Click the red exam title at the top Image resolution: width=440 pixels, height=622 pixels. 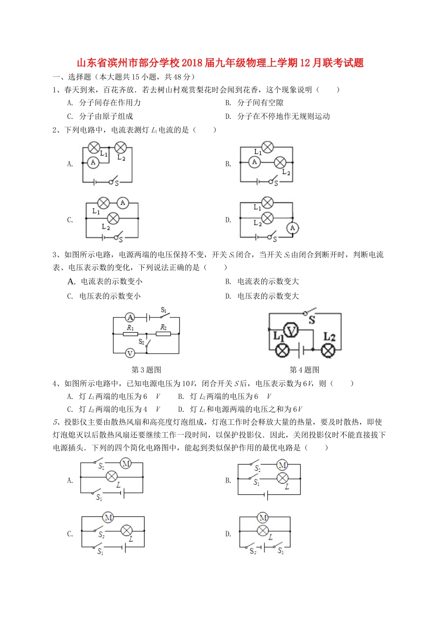click(220, 63)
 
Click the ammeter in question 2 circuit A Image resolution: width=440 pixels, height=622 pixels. click(93, 162)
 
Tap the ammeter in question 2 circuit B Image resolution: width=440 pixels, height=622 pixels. click(254, 162)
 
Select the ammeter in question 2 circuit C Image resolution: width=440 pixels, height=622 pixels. click(123, 203)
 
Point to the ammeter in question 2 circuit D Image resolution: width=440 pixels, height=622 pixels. click(292, 228)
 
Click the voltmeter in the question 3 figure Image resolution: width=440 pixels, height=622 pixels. click(130, 353)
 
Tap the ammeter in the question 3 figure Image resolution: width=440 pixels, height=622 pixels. click(130, 317)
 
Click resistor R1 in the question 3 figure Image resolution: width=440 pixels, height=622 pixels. click(130, 333)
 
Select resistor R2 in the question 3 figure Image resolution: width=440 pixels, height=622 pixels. click(163, 333)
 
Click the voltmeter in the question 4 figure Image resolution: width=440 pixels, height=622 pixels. click(291, 330)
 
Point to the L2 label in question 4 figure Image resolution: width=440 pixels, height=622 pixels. click(329, 336)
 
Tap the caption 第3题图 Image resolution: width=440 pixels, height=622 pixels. click(146, 370)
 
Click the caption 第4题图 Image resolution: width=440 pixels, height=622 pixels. click(304, 370)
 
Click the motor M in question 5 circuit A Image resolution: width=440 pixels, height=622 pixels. click(126, 463)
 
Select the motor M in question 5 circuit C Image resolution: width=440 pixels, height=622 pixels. click(108, 517)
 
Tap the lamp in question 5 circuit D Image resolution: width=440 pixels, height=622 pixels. click(263, 531)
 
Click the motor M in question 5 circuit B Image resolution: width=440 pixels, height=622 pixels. click(282, 465)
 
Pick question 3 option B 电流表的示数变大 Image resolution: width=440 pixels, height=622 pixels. click(268, 281)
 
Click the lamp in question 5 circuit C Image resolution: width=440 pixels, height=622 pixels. click(126, 530)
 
